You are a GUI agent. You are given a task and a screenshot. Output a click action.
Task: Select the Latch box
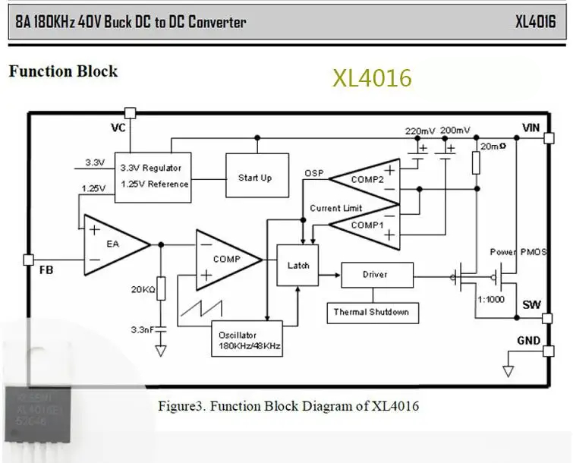coord(298,266)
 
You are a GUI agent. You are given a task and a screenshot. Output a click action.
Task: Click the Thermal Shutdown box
coord(372,312)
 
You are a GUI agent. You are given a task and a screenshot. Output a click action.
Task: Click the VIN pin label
coord(530,127)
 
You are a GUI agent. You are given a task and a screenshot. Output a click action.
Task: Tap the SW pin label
coord(530,305)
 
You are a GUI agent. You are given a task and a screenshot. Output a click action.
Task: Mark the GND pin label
coord(529,340)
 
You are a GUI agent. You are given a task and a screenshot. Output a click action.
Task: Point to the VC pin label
coord(118,128)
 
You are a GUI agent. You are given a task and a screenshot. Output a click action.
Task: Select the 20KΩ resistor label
coord(143,289)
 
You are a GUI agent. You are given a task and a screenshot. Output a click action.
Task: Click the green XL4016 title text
coord(372,78)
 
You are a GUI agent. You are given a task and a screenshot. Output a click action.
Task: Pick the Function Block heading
coord(63,71)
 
